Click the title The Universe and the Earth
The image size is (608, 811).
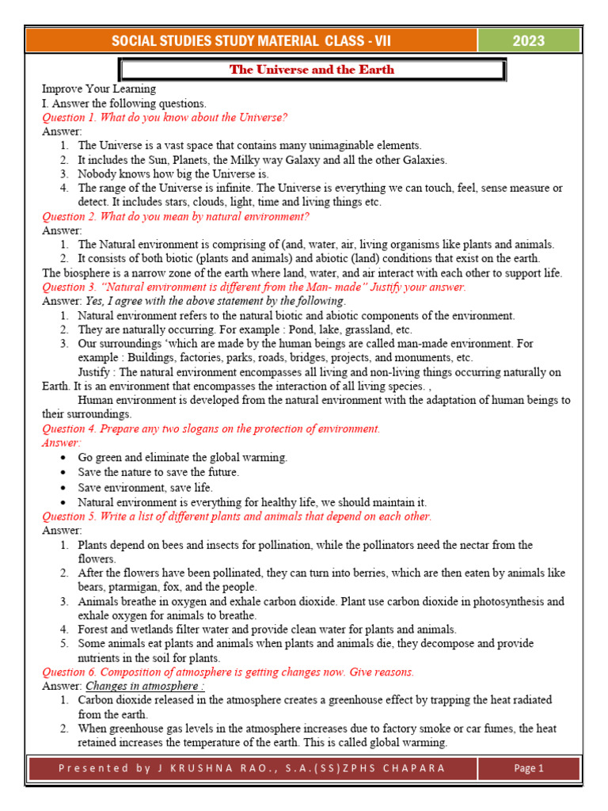pos(311,70)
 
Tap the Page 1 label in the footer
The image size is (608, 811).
pos(529,767)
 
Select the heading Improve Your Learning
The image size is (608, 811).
pos(99,89)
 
